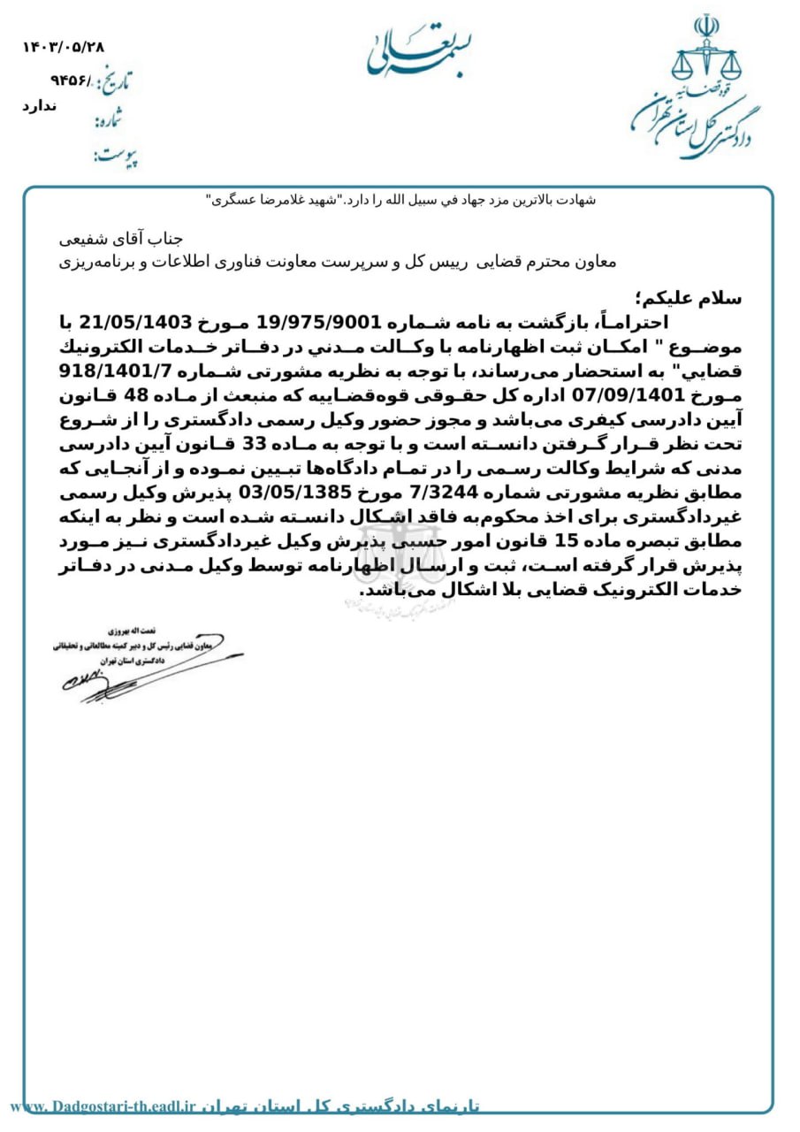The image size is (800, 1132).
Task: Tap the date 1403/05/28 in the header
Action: [x=63, y=47]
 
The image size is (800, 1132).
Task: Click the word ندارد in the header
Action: [x=39, y=106]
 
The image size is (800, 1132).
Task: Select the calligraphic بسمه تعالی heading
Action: [x=406, y=50]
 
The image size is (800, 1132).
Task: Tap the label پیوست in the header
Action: [x=115, y=157]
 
